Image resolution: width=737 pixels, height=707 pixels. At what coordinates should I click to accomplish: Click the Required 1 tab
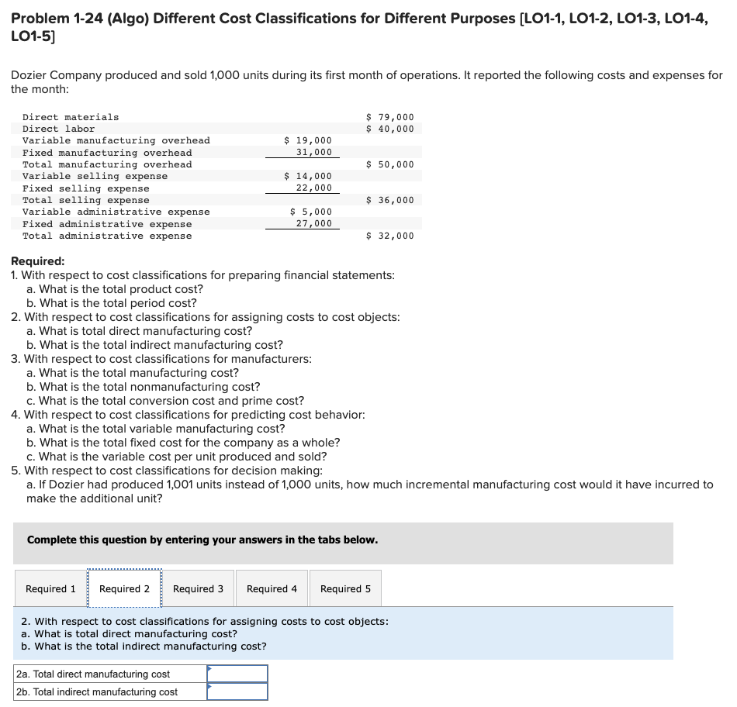50,589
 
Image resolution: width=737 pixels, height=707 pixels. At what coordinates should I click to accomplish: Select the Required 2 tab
124,589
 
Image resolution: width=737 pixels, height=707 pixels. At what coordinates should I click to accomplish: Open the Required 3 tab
198,589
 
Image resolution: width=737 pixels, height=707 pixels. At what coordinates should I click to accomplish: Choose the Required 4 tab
272,589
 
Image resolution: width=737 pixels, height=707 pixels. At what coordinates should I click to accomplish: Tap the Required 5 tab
345,589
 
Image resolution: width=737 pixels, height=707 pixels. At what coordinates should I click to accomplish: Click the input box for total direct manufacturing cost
237,674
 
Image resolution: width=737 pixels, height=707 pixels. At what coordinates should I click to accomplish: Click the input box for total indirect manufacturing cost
237,691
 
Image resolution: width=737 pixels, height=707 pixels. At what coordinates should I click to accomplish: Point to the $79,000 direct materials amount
390,117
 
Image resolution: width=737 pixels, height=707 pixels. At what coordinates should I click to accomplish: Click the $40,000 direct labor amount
390,129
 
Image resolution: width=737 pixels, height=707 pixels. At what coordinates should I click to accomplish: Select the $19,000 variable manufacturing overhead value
308,140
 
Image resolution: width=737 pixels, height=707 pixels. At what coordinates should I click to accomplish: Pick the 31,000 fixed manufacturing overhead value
313,153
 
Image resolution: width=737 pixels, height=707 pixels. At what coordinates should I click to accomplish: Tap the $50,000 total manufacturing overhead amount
390,164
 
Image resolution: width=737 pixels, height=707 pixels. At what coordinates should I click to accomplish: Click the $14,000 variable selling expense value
308,176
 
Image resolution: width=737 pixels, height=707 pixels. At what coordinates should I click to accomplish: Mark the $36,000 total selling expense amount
390,200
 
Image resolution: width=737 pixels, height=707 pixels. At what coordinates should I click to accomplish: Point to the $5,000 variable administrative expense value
310,212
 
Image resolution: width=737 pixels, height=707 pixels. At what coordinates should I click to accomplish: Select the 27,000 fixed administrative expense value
313,224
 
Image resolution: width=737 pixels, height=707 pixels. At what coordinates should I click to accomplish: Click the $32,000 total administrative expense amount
390,236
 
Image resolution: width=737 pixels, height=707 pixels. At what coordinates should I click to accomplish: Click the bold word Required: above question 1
38,261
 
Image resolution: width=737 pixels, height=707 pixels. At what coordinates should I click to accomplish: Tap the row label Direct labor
59,129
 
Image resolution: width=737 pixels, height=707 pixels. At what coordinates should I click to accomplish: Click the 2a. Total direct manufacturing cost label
93,674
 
